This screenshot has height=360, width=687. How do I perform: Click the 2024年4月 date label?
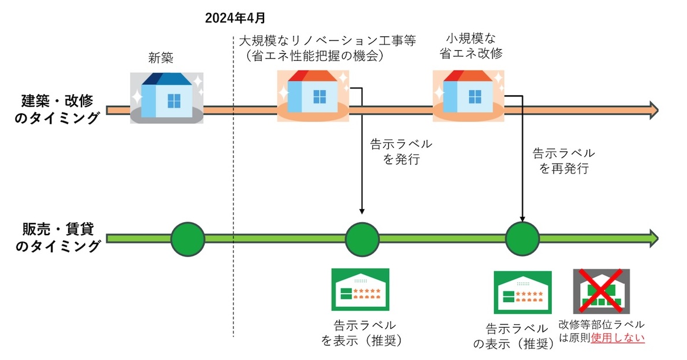point(235,18)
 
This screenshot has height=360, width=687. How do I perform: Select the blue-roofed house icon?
point(166,96)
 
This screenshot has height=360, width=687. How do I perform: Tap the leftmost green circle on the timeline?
point(188,238)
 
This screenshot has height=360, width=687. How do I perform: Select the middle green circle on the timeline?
point(362,238)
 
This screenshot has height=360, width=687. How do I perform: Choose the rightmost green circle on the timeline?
point(522,238)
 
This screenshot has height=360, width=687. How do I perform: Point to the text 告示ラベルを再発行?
point(563,161)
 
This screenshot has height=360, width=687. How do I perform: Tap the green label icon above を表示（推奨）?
point(359,290)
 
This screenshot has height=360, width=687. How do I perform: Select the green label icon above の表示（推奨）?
point(522,292)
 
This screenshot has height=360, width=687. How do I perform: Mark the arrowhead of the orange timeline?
point(653,109)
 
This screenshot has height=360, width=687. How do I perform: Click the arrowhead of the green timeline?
point(653,238)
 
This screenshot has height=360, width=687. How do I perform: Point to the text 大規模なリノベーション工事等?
point(328,42)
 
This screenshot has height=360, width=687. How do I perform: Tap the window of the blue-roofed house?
point(174,101)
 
